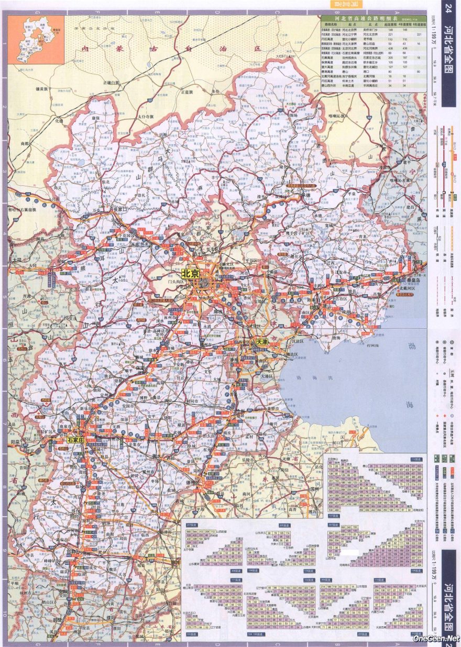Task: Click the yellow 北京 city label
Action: click(x=191, y=274)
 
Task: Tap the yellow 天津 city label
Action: click(x=261, y=342)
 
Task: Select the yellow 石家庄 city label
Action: click(x=75, y=440)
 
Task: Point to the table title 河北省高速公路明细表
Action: click(x=366, y=18)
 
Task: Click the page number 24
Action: click(x=448, y=9)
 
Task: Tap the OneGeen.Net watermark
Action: click(x=436, y=639)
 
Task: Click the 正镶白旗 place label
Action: click(x=112, y=83)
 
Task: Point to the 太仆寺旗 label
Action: click(x=146, y=116)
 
